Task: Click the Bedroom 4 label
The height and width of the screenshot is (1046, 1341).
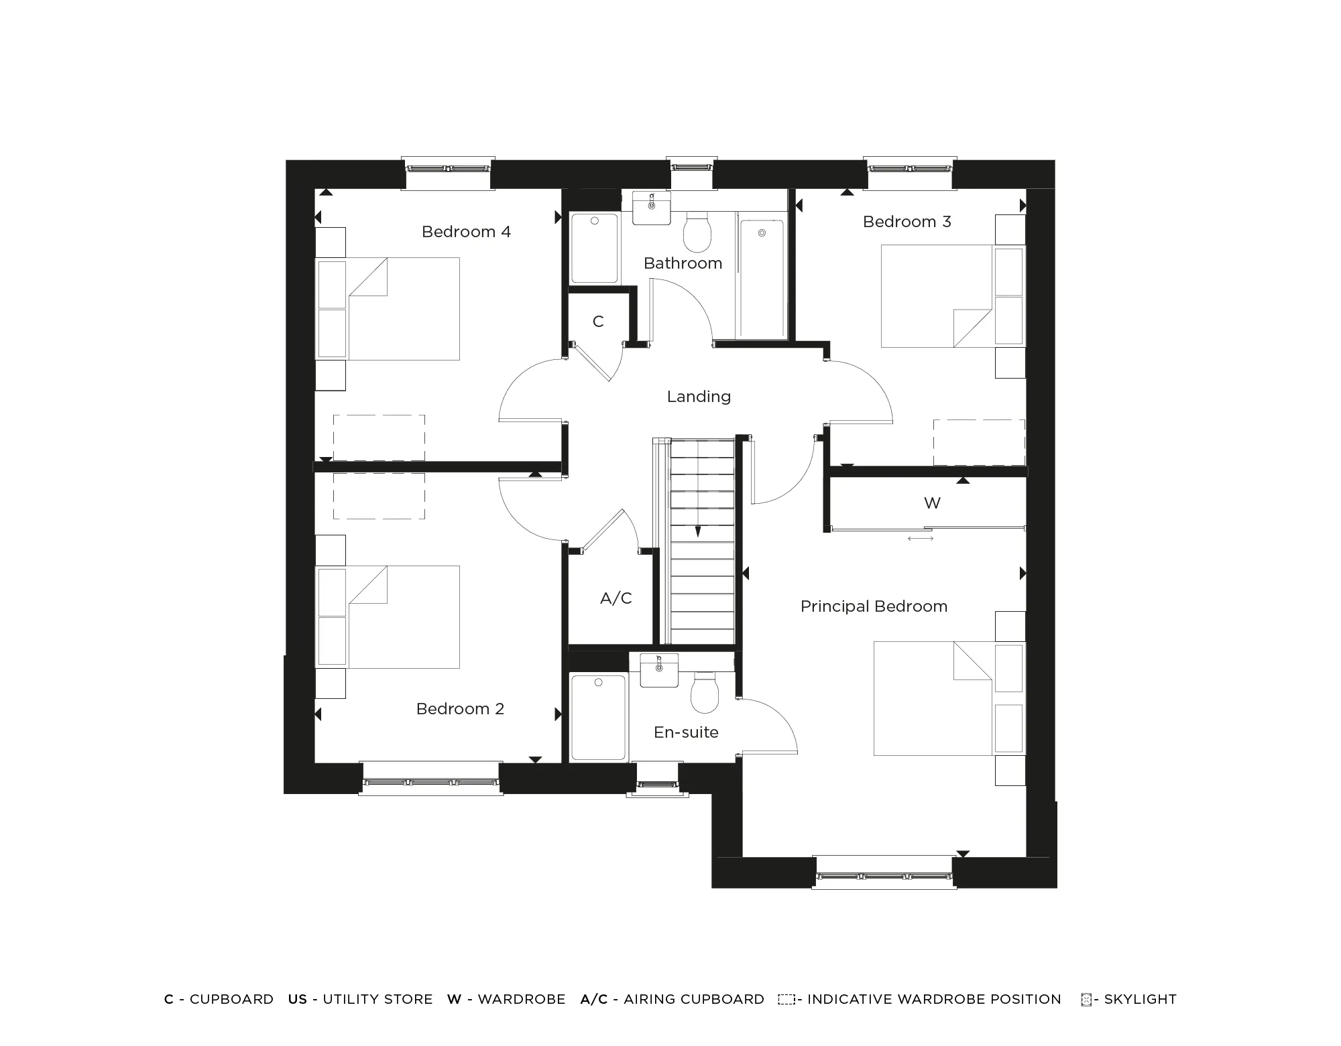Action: click(x=466, y=232)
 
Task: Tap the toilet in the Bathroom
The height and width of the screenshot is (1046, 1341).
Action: click(x=697, y=232)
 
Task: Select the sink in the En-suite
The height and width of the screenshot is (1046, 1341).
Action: click(x=659, y=670)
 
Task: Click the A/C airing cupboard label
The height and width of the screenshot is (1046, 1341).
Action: click(x=616, y=598)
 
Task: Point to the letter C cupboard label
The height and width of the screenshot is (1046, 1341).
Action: click(x=598, y=322)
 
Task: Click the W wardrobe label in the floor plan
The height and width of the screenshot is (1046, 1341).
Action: click(x=932, y=503)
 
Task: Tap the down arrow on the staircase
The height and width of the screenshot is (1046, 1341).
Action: click(x=698, y=531)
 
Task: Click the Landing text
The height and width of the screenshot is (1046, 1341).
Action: click(x=699, y=397)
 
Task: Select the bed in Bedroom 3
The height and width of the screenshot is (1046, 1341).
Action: click(x=939, y=296)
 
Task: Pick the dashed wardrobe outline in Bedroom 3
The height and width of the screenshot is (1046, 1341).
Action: click(x=979, y=442)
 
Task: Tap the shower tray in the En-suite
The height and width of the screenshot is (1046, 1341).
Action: click(x=598, y=718)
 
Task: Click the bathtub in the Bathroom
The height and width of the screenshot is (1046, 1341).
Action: click(x=762, y=278)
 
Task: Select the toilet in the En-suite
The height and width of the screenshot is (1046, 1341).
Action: click(x=704, y=694)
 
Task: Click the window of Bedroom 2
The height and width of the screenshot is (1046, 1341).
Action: click(x=430, y=781)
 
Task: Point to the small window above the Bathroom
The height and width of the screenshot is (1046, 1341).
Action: click(x=691, y=167)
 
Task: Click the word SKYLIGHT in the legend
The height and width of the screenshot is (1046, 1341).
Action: click(x=1140, y=999)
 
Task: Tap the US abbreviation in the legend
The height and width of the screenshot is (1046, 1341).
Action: click(x=297, y=999)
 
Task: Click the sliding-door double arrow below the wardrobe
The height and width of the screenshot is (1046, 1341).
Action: click(x=920, y=538)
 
